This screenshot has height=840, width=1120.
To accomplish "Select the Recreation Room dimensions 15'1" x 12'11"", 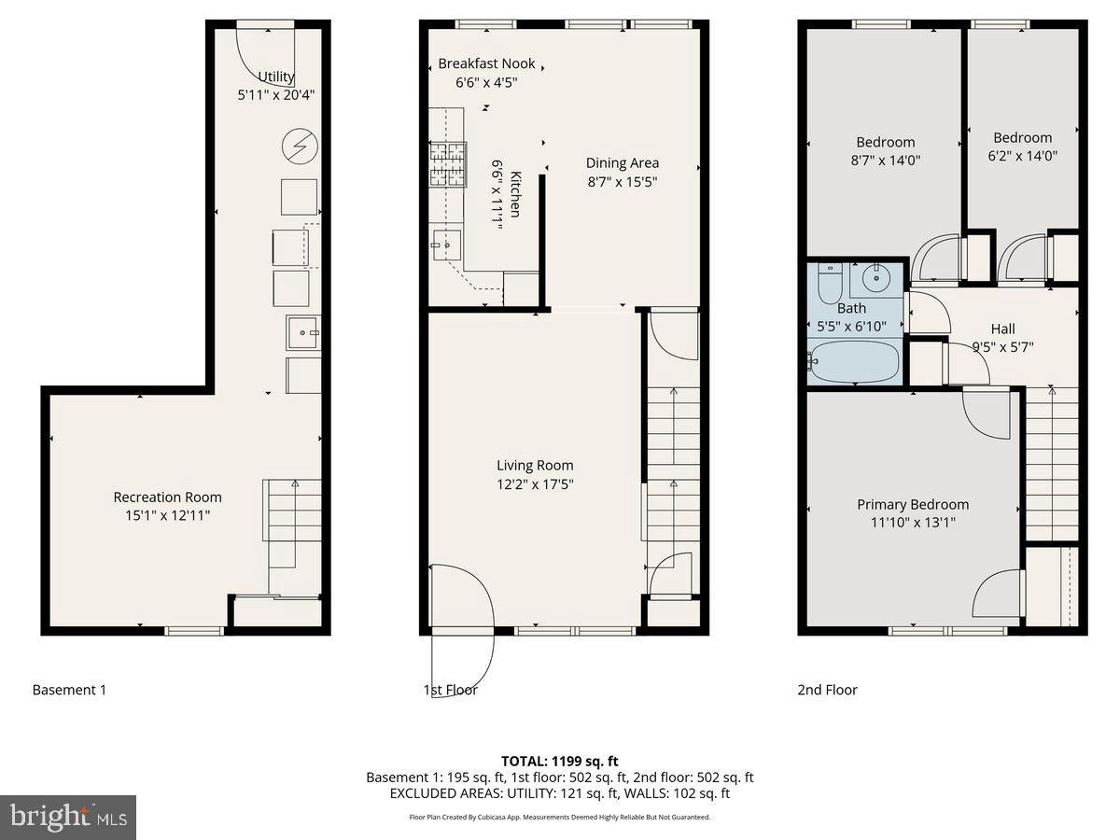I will click(168, 514).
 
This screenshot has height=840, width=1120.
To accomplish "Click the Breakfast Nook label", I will click(486, 63).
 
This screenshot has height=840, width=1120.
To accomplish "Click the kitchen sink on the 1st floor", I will click(446, 246).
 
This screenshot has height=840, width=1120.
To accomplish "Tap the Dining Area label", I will click(622, 163).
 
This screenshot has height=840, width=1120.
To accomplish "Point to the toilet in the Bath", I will click(829, 281).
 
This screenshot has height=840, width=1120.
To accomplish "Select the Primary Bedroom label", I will click(913, 504).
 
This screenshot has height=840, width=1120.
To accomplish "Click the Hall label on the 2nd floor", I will click(1003, 329).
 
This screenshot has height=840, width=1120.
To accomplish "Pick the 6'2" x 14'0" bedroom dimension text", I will click(1022, 156).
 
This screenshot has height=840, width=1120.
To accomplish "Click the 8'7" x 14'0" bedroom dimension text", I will click(885, 160).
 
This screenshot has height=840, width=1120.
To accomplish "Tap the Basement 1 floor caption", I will click(69, 690).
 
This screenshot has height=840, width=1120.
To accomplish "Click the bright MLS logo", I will click(68, 818).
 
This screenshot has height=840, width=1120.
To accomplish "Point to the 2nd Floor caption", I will click(827, 690).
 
